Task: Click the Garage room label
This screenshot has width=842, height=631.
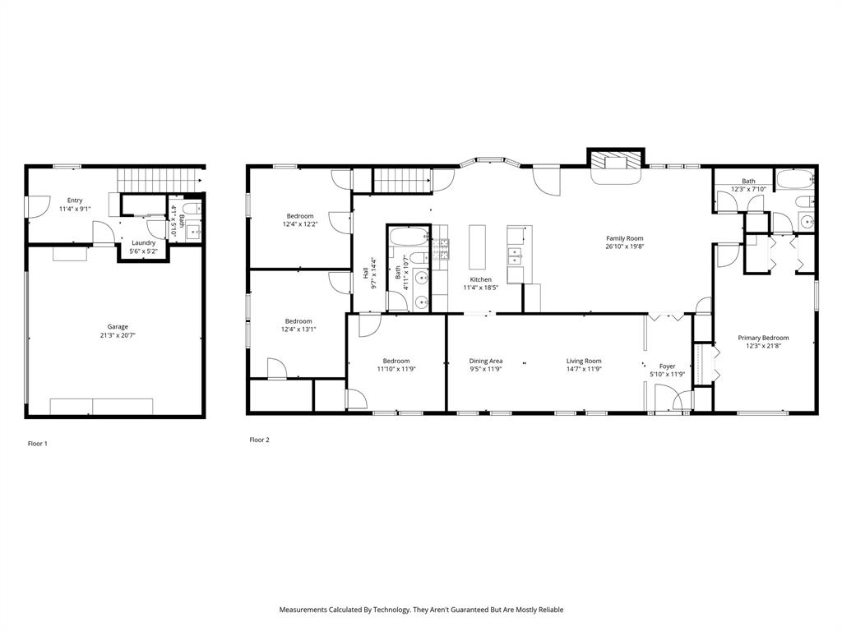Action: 118,327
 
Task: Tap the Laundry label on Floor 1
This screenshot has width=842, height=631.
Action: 143,242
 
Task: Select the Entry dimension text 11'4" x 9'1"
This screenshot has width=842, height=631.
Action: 75,209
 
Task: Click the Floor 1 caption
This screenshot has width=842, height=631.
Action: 38,444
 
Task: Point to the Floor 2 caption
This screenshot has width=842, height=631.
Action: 259,440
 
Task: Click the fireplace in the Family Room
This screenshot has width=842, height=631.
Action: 615,161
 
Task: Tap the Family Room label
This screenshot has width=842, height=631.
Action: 624,238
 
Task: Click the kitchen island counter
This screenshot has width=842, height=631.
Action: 478,246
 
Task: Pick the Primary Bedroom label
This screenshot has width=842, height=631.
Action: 763,338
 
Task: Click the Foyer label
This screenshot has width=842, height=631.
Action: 667,366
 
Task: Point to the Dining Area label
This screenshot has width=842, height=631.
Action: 485,361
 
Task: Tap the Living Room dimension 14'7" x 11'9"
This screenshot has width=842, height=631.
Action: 584,370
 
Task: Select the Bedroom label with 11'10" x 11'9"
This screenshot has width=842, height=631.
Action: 396,361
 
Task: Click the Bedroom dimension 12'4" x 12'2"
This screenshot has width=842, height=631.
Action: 300,224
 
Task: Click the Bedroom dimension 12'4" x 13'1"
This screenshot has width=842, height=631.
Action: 298,329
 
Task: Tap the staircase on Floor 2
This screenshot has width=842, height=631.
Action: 403,178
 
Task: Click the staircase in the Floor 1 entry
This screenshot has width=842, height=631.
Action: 160,177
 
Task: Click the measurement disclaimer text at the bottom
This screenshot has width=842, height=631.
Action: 421,610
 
